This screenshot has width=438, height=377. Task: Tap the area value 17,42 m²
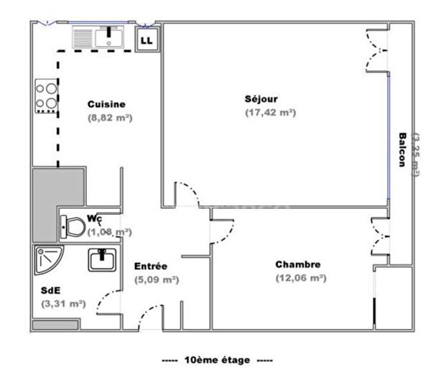pos(271,113)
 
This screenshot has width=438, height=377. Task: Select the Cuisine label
pos(106,103)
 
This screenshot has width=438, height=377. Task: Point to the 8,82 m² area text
pos(111,117)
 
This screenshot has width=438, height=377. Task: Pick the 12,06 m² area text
pos(301,278)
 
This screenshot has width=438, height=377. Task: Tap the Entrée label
pos(152,266)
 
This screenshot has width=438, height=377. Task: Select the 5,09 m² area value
pos(157,279)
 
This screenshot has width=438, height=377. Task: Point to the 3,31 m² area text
pos(64,304)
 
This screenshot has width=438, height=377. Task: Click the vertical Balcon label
pos(404,149)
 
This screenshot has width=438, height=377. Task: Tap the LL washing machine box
pos(148,40)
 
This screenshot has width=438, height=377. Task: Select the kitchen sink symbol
pos(99,37)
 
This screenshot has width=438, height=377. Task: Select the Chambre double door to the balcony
pos(378,237)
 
